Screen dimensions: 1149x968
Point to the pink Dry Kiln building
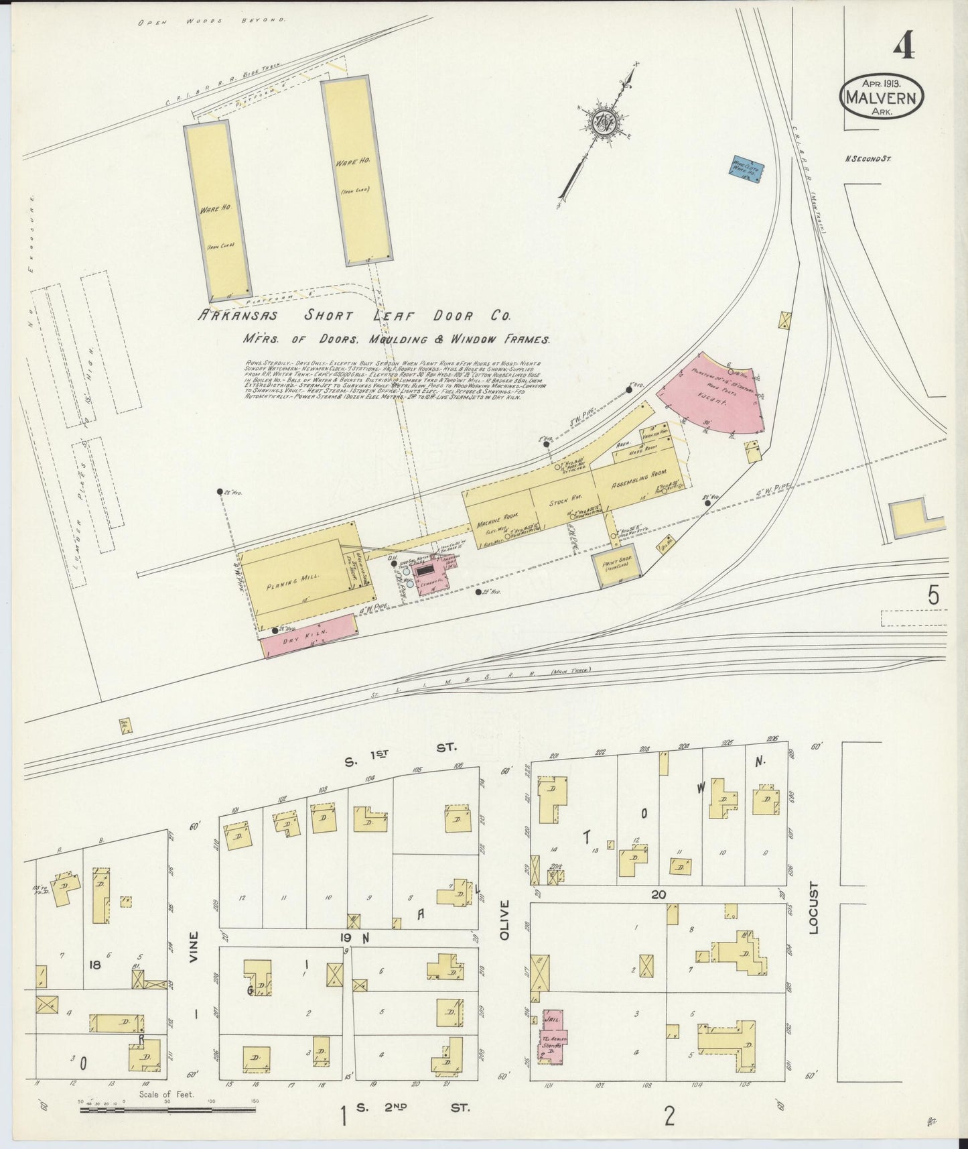tap(308, 635)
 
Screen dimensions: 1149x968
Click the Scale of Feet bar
tap(167, 1110)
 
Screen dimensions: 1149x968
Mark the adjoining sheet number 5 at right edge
tap(934, 595)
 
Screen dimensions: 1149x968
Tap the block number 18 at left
tap(96, 965)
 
